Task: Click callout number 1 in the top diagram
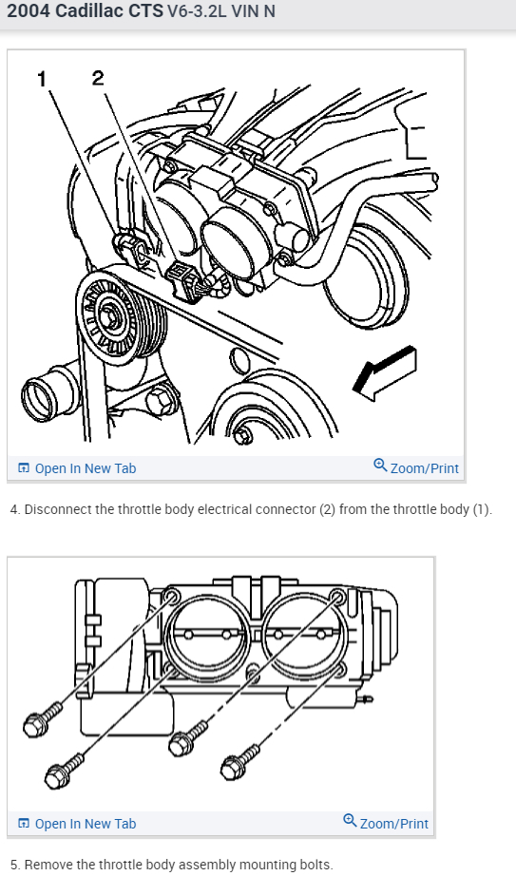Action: click(x=42, y=79)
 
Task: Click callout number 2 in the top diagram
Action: click(x=98, y=78)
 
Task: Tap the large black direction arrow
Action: click(x=385, y=373)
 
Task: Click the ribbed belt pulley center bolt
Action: click(x=110, y=316)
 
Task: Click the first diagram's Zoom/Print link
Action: click(x=416, y=467)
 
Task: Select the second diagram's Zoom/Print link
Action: click(x=387, y=823)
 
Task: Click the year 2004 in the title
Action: click(x=29, y=11)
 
